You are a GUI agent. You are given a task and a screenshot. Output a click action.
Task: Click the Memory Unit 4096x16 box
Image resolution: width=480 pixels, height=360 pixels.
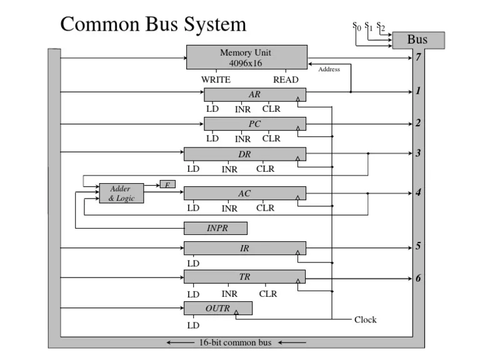pos(247,57)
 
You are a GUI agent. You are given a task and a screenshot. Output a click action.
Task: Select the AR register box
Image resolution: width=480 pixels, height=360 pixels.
pos(254,95)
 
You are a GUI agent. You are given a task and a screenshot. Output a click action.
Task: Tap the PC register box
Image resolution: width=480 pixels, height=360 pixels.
pos(254,124)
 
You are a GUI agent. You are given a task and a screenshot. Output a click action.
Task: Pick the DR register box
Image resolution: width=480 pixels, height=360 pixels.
pos(244,154)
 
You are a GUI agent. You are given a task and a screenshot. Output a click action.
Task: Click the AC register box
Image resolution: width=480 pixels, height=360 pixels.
pos(244,194)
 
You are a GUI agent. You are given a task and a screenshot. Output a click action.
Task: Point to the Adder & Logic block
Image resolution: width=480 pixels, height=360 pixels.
pos(121,194)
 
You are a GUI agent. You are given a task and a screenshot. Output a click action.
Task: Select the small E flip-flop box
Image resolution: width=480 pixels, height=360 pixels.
pos(167,184)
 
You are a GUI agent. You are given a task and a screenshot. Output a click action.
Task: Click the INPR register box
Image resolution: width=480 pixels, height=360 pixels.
pos(216,229)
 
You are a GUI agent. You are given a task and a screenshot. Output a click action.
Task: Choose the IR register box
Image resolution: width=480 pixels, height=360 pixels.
pos(244,249)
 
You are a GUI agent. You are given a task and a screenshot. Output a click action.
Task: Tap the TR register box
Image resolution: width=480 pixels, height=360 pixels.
pos(244,277)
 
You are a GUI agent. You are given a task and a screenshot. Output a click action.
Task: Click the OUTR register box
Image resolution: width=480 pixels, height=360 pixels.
pos(217,309)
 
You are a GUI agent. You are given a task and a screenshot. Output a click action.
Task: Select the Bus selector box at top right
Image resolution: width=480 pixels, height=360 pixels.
pos(417,41)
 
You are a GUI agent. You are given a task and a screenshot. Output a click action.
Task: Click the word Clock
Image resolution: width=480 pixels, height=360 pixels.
pos(366,320)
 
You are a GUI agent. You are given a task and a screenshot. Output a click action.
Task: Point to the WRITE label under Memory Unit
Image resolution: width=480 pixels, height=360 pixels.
pos(216,80)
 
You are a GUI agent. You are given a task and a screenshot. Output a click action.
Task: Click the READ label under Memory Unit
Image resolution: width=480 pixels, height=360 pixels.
pos(286,80)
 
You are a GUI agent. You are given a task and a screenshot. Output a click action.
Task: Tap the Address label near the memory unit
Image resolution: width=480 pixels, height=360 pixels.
pos(329,69)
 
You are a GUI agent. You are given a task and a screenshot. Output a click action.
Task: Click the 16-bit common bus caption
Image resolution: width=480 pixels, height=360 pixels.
pos(236,343)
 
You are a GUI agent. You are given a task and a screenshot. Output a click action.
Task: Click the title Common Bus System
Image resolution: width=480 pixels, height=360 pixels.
pos(153,24)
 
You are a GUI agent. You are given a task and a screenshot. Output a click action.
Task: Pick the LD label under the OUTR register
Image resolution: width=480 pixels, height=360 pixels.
pos(193,326)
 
